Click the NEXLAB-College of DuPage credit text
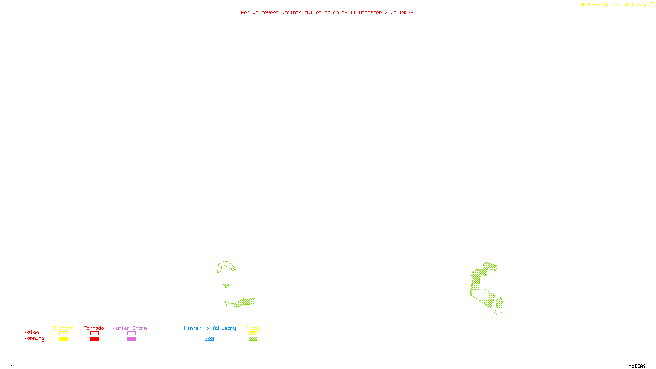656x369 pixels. pyautogui.click(x=617, y=5)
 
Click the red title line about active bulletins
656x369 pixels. pyautogui.click(x=327, y=13)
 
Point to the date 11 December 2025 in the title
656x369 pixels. pyautogui.click(x=373, y=13)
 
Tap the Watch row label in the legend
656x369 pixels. pyautogui.click(x=32, y=333)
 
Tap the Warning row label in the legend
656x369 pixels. pyautogui.click(x=34, y=339)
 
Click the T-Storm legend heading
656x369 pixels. pyautogui.click(x=63, y=328)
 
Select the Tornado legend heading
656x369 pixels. pyautogui.click(x=94, y=328)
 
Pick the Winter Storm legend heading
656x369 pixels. pyautogui.click(x=130, y=328)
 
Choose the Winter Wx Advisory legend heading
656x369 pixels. pyautogui.click(x=210, y=328)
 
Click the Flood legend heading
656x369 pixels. pyautogui.click(x=253, y=328)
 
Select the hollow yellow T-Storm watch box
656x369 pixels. pyautogui.click(x=64, y=333)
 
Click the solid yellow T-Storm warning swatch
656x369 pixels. pyautogui.click(x=64, y=339)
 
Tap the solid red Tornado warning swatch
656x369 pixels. pyautogui.click(x=95, y=339)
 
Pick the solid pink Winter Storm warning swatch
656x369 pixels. pyautogui.click(x=131, y=339)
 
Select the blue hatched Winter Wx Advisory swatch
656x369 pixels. pyautogui.click(x=209, y=339)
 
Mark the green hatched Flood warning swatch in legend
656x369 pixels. pyautogui.click(x=253, y=339)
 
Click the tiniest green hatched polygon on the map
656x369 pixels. pyautogui.click(x=226, y=285)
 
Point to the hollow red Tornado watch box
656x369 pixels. pyautogui.click(x=95, y=333)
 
